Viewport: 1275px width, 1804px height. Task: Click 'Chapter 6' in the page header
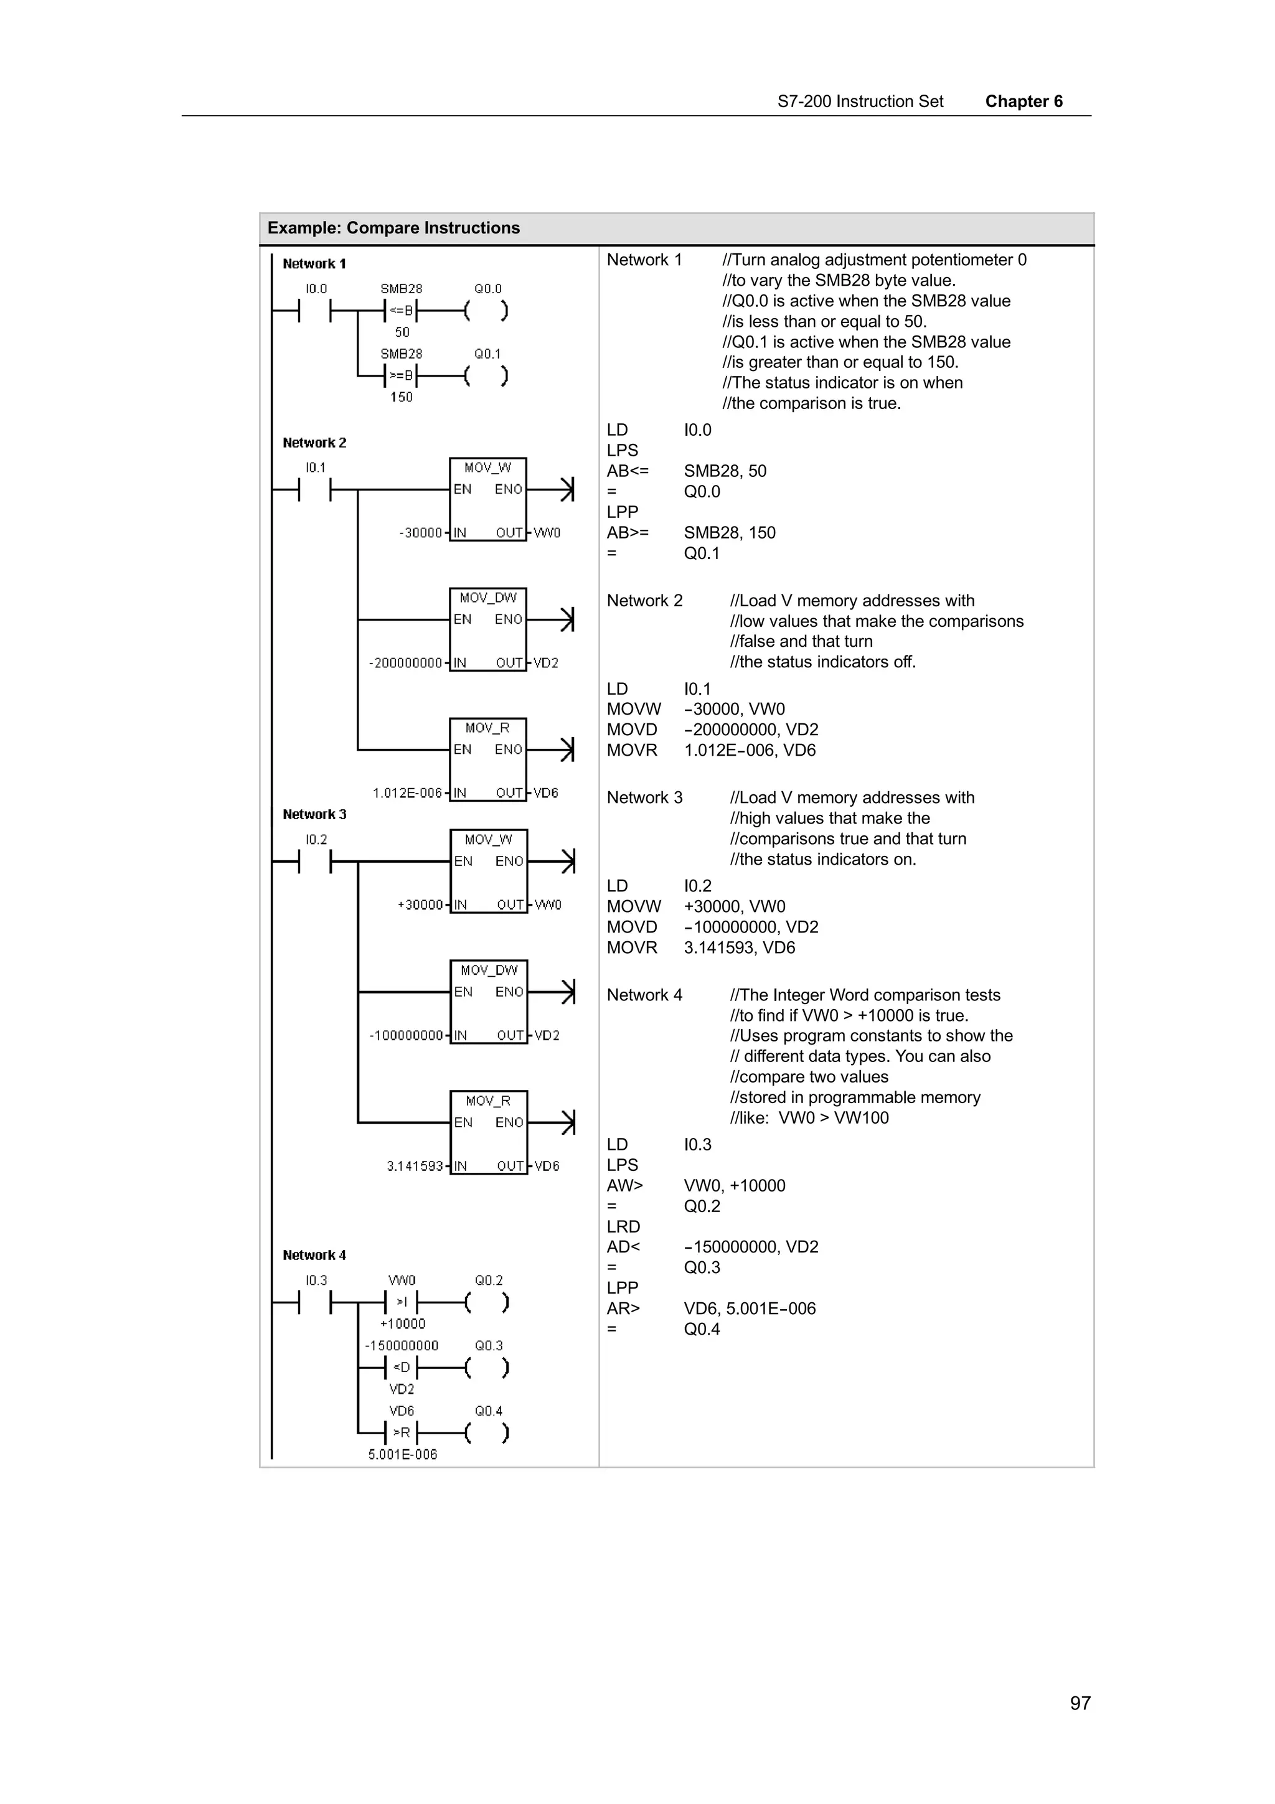coord(1023,101)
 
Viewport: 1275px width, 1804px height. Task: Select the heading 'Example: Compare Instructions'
coord(393,228)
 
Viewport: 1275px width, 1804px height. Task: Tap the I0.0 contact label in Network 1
coord(316,289)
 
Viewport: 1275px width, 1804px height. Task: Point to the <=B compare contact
coord(401,311)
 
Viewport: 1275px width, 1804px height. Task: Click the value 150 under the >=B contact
coord(401,398)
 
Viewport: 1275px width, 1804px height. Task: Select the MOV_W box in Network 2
coord(487,498)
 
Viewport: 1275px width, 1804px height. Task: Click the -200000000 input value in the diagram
coord(405,663)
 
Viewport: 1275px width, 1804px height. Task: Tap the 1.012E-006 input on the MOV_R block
coord(407,794)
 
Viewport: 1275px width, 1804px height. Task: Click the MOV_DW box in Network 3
coord(488,1001)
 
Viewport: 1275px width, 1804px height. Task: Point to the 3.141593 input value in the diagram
coord(415,1166)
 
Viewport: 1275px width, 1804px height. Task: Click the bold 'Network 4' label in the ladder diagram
coord(314,1255)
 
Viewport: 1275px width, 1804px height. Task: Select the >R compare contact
coord(401,1432)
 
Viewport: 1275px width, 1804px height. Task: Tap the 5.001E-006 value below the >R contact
coord(402,1454)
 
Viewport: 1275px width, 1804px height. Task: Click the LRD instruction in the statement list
coord(623,1226)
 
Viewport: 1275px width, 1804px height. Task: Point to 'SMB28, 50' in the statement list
coord(724,471)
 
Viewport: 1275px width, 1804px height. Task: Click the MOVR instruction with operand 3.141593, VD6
coord(632,947)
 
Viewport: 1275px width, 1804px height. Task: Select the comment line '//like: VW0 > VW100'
coord(809,1118)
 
